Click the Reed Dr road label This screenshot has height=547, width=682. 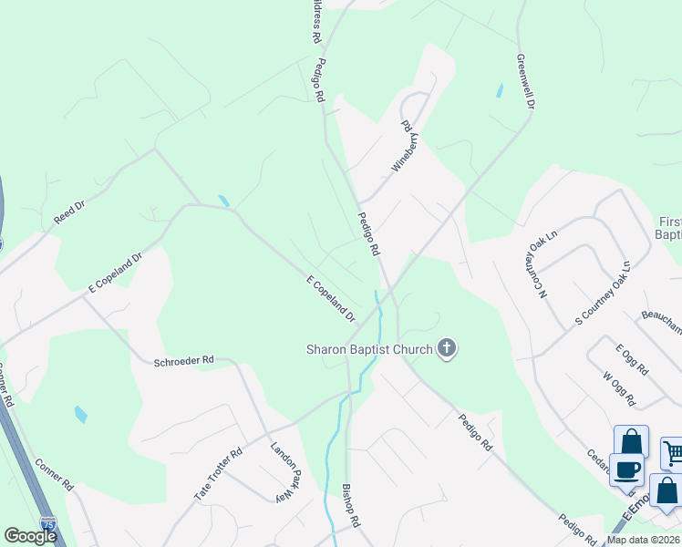pyautogui.click(x=67, y=214)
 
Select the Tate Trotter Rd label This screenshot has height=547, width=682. pyautogui.click(x=218, y=474)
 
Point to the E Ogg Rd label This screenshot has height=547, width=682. pyautogui.click(x=631, y=360)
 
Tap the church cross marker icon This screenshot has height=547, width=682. pyautogui.click(x=446, y=347)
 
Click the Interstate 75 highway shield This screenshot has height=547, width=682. pyautogui.click(x=48, y=523)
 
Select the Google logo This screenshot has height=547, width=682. pyautogui.click(x=30, y=536)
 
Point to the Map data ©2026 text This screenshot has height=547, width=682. pyautogui.click(x=643, y=540)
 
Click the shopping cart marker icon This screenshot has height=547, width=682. pyautogui.click(x=672, y=452)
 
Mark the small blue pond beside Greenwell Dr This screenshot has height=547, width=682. pyautogui.click(x=498, y=90)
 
